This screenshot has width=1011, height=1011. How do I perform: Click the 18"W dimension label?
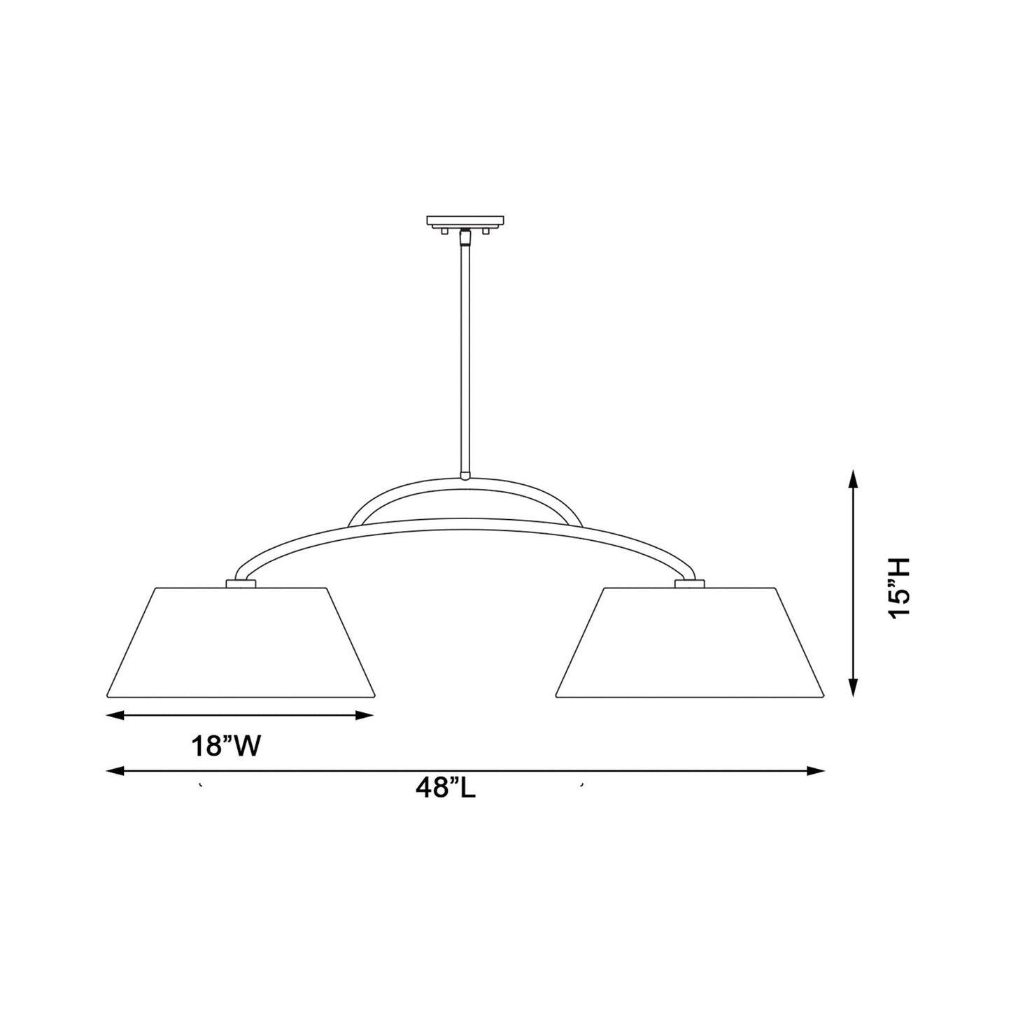(227, 747)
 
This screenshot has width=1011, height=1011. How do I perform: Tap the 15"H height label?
(897, 587)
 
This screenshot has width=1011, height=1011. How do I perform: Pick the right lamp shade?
(690, 642)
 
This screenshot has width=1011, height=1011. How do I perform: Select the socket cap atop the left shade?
(240, 583)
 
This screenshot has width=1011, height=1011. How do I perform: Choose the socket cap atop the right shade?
(689, 583)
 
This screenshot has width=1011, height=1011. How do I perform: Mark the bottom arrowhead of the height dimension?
(852, 689)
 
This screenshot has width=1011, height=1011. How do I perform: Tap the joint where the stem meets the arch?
(465, 477)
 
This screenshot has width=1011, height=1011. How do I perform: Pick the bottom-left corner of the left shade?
(106, 697)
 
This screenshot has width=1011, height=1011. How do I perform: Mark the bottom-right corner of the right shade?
(825, 697)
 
